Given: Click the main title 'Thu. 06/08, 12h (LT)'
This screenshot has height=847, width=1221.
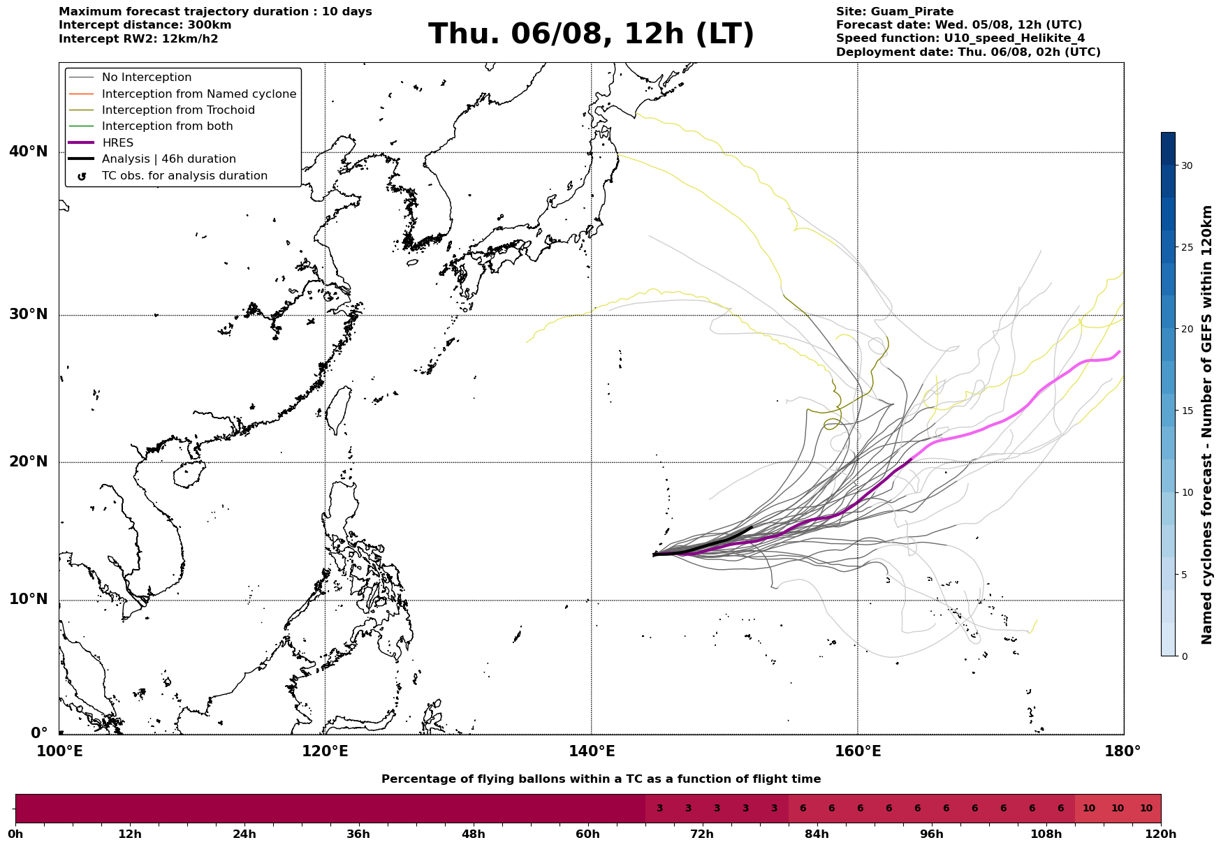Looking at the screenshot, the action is point(591,34).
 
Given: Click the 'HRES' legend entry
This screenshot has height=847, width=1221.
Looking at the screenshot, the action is point(117,143).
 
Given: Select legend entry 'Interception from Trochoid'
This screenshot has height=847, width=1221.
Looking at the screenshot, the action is point(178,110).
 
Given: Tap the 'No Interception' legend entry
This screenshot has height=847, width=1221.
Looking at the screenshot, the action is point(147,78).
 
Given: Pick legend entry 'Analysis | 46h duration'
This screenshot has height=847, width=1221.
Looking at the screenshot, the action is point(169,159).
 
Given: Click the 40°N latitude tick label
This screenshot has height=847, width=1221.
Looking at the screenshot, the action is point(29,152).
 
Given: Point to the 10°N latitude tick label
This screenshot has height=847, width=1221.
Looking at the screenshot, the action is point(29,600).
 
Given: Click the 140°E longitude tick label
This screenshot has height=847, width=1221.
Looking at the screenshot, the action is point(592,751).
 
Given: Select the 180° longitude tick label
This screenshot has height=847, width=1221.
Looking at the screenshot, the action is point(1123,751).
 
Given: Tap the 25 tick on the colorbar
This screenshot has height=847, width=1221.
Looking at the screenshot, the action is point(1187,247).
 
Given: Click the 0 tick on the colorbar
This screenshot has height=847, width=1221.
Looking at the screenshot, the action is point(1184,656).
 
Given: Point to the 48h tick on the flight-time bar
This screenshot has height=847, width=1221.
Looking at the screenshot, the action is point(473,834).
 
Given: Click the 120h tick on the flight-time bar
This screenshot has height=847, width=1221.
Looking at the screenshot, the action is point(1161,834).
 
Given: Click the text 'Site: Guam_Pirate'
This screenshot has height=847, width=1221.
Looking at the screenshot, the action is point(895,12).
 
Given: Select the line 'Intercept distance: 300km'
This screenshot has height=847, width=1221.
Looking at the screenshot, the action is point(145,25).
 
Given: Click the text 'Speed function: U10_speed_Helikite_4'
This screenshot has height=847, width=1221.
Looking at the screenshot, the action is point(960,38).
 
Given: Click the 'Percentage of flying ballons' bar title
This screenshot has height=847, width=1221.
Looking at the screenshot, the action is point(601,779).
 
